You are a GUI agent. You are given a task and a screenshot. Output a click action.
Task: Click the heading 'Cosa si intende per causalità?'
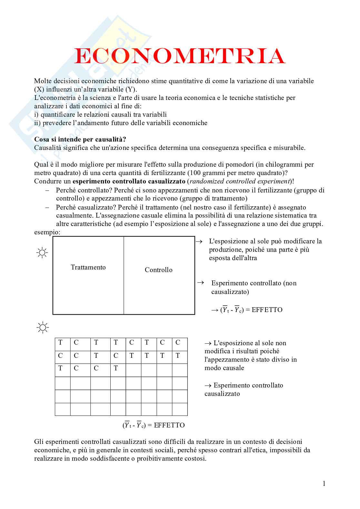click(x=80, y=140)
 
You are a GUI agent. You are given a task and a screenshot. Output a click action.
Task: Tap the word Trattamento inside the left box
click(x=88, y=267)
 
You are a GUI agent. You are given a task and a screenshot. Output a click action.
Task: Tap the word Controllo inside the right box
click(x=158, y=270)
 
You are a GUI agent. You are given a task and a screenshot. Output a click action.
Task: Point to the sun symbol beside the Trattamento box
click(x=42, y=253)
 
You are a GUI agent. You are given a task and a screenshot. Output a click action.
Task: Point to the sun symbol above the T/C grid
click(x=42, y=328)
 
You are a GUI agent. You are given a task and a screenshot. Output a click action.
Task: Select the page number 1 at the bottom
click(x=324, y=483)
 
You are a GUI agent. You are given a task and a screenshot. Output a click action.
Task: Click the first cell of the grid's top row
click(x=60, y=343)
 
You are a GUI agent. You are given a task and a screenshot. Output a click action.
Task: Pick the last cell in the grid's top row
click(x=178, y=343)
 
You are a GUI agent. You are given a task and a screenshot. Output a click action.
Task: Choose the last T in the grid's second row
click(x=178, y=356)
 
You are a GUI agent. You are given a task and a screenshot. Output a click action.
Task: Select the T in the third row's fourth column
click(x=116, y=368)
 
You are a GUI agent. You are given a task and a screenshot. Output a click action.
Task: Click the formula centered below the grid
click(x=154, y=425)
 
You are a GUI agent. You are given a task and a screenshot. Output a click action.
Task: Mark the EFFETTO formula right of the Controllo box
click(x=247, y=310)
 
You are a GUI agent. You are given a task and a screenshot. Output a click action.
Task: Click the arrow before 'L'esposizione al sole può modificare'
click(x=199, y=241)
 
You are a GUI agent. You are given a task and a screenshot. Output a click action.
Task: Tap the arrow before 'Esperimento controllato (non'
click(x=201, y=283)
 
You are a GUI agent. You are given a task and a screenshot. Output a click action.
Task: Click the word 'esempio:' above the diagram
click(x=47, y=232)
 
